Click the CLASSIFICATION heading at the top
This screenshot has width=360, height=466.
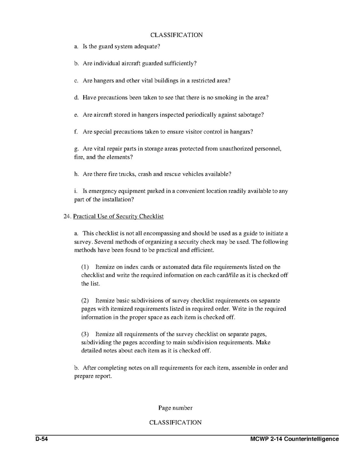click(x=176, y=35)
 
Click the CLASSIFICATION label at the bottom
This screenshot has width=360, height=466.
click(x=175, y=422)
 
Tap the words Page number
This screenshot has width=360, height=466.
click(x=175, y=408)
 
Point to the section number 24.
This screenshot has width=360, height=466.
click(x=67, y=216)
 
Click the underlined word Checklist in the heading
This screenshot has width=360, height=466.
click(x=151, y=216)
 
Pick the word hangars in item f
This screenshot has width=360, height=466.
click(x=240, y=132)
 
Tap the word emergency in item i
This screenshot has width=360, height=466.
click(x=103, y=191)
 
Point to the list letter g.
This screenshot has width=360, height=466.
click(x=76, y=149)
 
